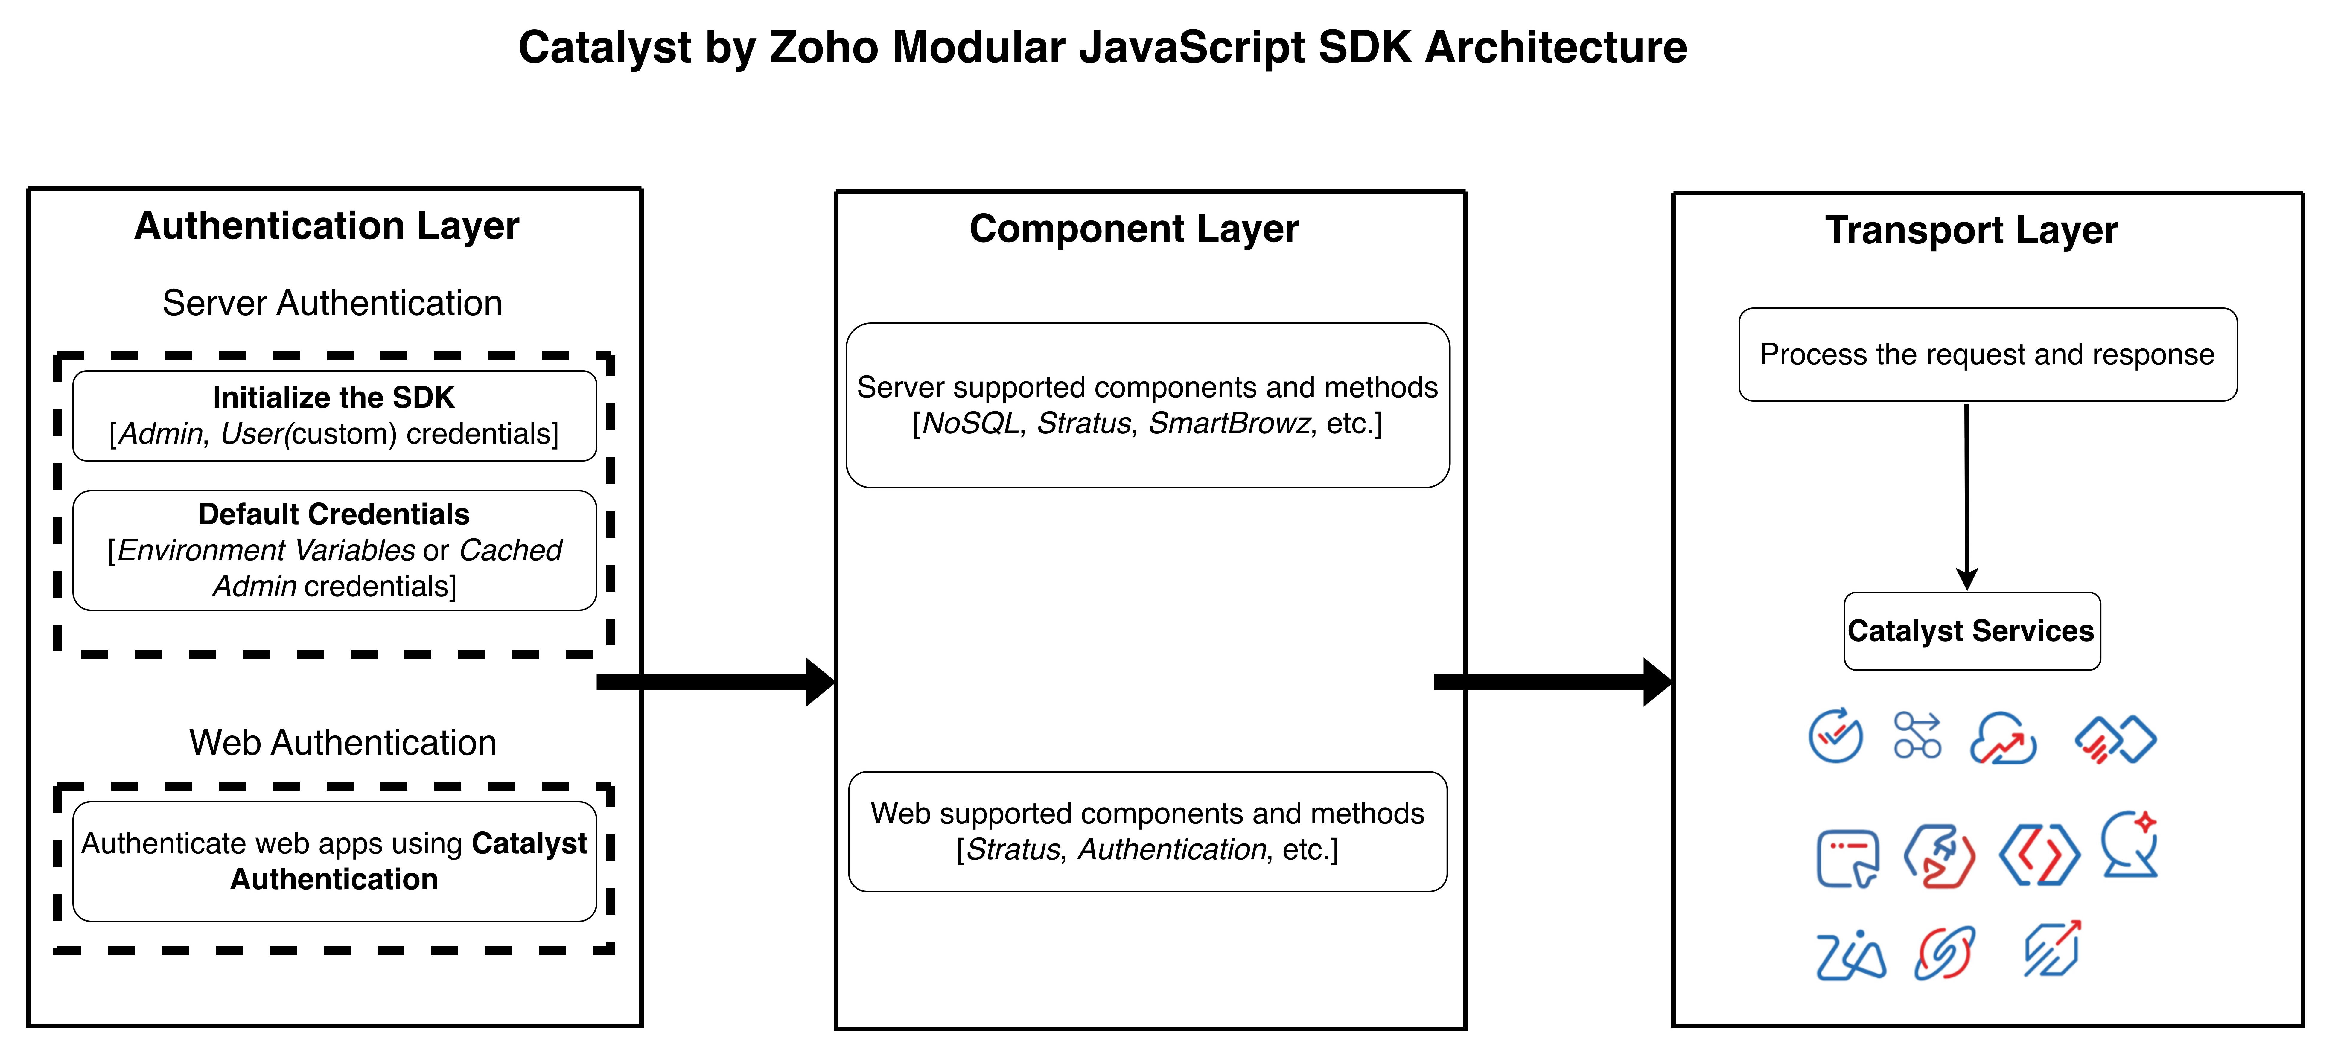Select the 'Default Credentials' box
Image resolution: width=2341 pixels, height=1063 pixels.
pos(334,550)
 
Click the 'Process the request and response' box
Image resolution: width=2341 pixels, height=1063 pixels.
pos(1987,354)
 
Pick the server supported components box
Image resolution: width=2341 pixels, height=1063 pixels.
pos(1148,405)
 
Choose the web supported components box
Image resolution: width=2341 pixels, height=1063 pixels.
pos(1148,831)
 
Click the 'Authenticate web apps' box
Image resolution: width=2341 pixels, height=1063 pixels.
pos(334,861)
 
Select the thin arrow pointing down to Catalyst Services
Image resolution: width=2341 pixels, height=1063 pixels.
pos(1967,497)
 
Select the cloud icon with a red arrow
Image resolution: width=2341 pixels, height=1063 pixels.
pos(2003,738)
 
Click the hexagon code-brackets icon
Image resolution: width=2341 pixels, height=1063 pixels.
pos(2039,855)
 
